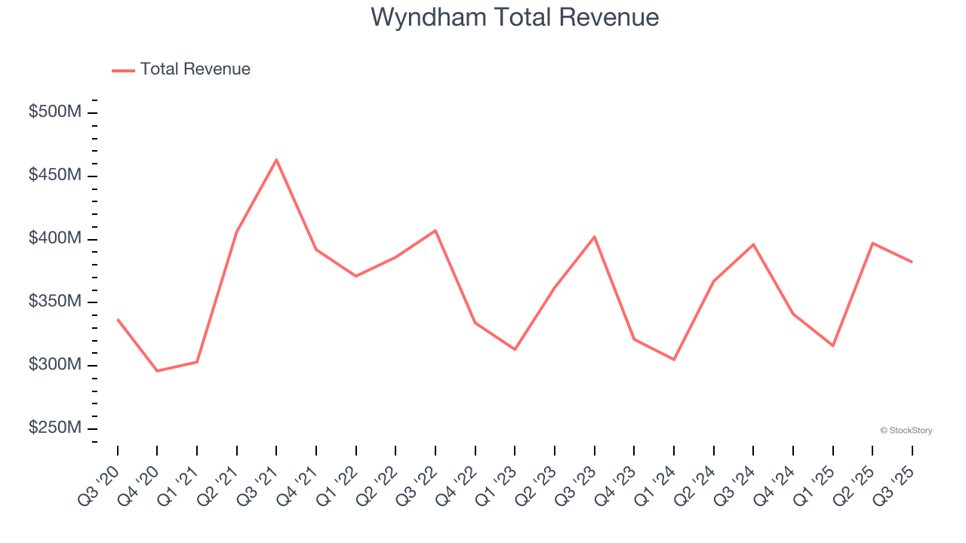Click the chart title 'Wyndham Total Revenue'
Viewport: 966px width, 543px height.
(515, 17)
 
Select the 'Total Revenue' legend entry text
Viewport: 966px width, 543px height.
(195, 69)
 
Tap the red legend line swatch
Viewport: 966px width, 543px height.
(123, 70)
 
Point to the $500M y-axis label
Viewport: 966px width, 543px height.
(54, 112)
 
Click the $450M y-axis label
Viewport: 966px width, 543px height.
(54, 176)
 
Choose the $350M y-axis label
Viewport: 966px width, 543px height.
(54, 302)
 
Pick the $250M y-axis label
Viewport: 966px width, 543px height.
(54, 428)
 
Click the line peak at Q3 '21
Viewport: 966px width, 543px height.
(276, 160)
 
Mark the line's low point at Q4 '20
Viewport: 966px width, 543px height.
(157, 371)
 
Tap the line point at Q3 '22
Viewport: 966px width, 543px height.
(435, 230)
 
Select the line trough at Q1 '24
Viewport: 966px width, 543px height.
(674, 360)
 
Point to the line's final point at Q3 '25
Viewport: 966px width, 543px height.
(912, 262)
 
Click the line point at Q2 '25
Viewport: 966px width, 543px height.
(872, 243)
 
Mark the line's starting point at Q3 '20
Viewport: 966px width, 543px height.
(118, 320)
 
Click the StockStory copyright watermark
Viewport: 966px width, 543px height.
(906, 431)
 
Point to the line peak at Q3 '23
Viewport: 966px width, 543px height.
(595, 237)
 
